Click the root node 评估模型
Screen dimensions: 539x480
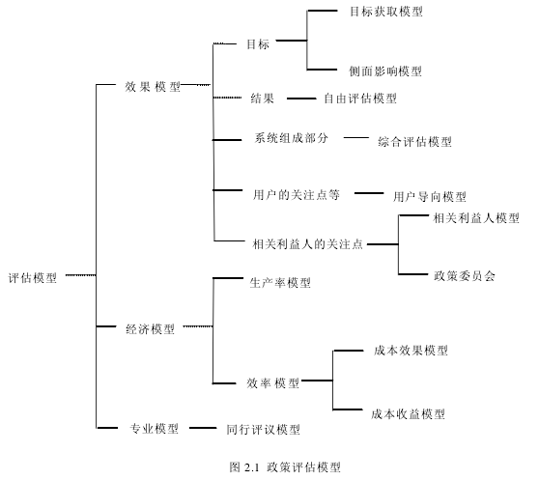33,277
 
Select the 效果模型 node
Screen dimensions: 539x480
153,87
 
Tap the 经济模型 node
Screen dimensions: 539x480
151,329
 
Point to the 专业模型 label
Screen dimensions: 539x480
154,429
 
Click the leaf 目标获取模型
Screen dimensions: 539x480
386,12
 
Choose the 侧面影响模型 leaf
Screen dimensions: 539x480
385,71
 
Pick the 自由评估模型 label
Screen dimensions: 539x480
360,99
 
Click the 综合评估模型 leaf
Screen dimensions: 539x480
414,142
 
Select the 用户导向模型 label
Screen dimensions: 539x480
430,197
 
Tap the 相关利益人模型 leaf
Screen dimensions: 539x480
476,218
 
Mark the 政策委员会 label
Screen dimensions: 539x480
465,275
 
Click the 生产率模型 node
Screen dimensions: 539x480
280,283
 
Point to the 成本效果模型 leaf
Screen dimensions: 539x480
411,351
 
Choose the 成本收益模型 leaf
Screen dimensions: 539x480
408,413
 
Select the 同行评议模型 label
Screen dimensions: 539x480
263,429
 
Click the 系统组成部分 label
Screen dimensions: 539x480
291,138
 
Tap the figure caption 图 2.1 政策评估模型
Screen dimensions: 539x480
285,467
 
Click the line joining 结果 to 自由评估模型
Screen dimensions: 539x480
301,99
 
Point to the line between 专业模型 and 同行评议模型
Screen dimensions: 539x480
203,428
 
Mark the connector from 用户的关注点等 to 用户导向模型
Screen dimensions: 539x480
369,193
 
